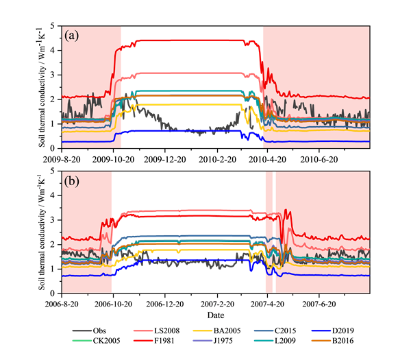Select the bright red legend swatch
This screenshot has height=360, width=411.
point(145,340)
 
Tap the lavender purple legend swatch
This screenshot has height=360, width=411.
point(205,340)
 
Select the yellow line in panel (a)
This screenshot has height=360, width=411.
point(185,104)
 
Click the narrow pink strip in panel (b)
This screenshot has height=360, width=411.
point(269,233)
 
